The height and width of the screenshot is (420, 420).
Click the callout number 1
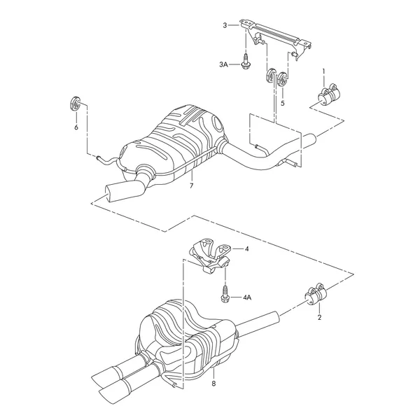323,71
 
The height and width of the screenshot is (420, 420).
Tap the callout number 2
319,317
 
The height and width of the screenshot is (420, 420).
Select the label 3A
223,64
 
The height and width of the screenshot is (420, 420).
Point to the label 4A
247,297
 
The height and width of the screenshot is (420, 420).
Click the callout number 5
283,103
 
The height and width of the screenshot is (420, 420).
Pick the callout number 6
76,127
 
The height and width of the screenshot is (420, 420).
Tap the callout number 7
191,185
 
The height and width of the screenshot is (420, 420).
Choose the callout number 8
213,384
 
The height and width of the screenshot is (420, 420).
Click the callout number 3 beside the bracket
225,25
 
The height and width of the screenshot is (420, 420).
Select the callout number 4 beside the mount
246,249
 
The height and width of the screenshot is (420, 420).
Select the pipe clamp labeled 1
329,94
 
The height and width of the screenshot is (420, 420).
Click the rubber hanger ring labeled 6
75,103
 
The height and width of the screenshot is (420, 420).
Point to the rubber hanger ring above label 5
282,78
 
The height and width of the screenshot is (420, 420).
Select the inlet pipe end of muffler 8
274,316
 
